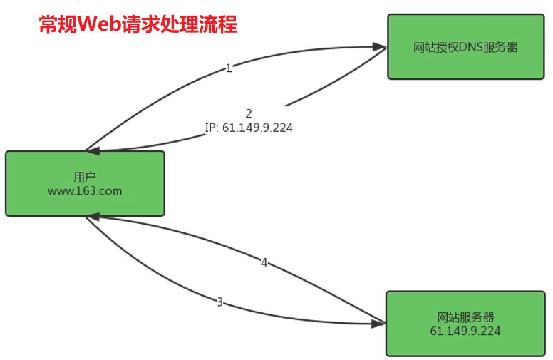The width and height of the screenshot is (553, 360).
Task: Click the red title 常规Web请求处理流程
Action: (x=138, y=25)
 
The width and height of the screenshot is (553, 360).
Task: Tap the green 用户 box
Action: (x=85, y=183)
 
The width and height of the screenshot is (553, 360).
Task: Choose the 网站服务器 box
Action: (x=465, y=324)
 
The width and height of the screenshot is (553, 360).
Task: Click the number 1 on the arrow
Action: (x=229, y=68)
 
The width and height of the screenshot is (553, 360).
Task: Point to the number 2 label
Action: (x=249, y=113)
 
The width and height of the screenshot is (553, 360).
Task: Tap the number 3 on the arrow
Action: (x=219, y=302)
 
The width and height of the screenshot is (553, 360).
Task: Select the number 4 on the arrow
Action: (x=264, y=263)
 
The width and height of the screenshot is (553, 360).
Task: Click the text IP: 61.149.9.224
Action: (x=249, y=128)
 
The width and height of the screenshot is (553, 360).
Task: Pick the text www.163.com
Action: (x=85, y=191)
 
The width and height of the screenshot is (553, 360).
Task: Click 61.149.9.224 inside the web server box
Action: (x=465, y=331)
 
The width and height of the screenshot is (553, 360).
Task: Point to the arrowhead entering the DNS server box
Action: (x=379, y=48)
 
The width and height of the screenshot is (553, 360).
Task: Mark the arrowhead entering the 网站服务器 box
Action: (x=378, y=324)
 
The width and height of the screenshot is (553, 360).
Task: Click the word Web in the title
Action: (x=97, y=25)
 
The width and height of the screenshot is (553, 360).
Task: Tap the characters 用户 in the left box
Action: (x=85, y=177)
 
